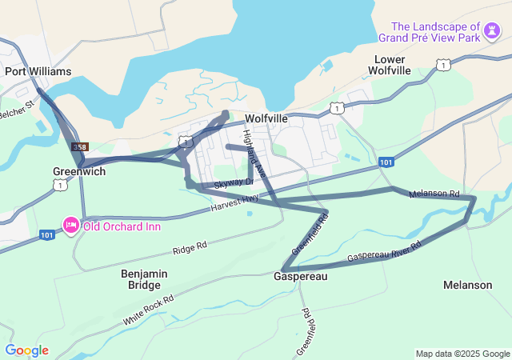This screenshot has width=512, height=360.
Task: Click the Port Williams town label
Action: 38,71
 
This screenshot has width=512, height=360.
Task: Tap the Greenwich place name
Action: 79,171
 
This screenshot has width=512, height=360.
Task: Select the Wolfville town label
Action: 266,118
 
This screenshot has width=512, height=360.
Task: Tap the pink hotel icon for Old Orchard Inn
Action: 71,226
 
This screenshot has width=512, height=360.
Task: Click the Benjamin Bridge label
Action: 144,279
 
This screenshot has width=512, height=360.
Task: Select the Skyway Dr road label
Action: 234,184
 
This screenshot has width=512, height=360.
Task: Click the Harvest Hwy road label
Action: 235,203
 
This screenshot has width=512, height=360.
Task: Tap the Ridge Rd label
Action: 190,246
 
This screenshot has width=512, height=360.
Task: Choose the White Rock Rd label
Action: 148,308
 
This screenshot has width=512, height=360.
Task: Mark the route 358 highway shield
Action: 79,147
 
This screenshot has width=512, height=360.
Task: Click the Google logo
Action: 26,350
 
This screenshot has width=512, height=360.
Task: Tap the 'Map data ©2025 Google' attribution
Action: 462,354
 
